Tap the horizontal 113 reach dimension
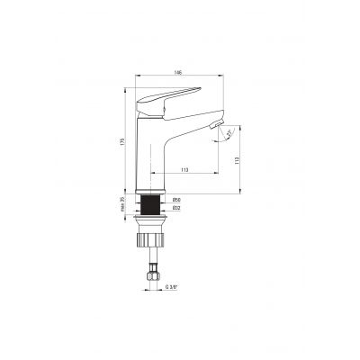[x=185, y=167]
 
